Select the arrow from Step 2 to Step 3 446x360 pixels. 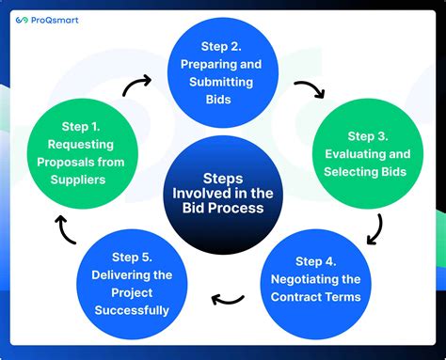tap(309, 88)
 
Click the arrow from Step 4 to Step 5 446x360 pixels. tap(227, 299)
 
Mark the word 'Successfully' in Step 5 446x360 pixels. tap(131, 310)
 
